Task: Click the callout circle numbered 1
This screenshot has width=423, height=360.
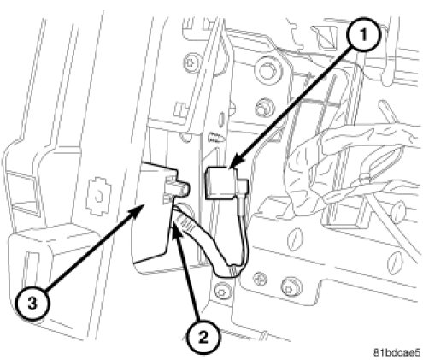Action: click(x=363, y=35)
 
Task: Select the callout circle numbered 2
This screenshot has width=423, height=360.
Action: click(x=203, y=339)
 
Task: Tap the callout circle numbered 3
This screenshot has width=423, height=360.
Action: click(x=32, y=304)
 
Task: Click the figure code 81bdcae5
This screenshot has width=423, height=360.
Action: click(x=397, y=353)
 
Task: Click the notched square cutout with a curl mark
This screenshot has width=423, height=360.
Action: click(x=99, y=196)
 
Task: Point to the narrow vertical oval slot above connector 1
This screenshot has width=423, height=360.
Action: click(x=222, y=120)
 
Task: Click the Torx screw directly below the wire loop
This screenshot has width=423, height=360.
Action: click(x=222, y=292)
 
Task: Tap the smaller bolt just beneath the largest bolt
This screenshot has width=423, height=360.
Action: click(x=264, y=109)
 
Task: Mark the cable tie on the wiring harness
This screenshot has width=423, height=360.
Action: click(x=366, y=180)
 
